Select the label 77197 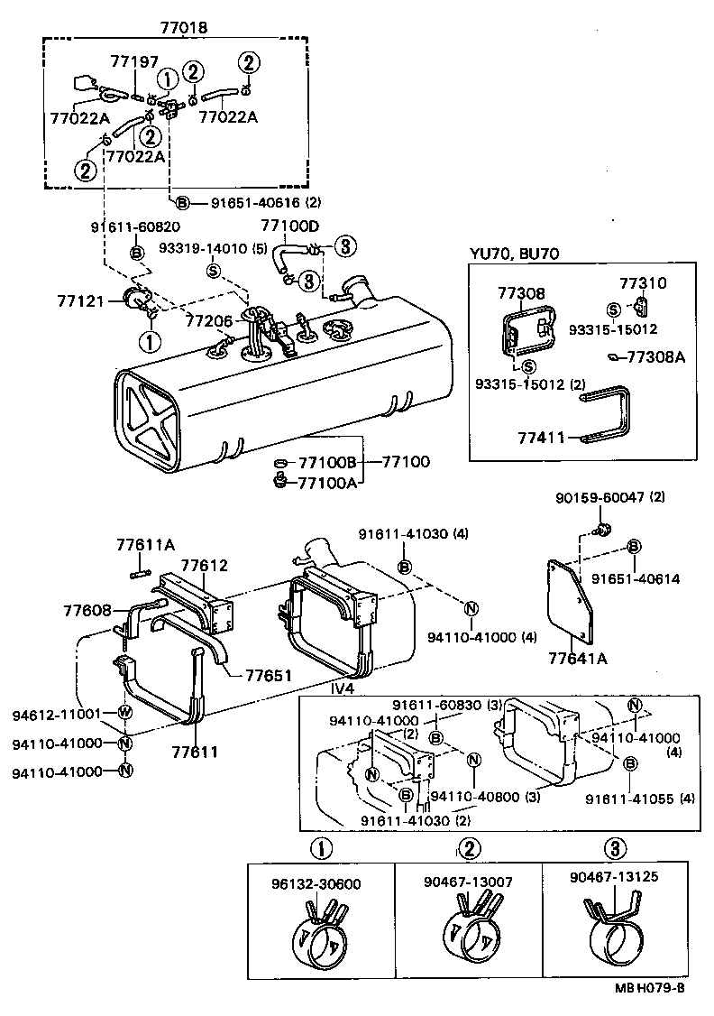point(133,61)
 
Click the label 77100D point(289,226)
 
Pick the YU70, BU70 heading point(514,254)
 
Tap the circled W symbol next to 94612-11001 point(125,712)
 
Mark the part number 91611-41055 point(626,798)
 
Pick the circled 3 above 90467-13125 point(614,848)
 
